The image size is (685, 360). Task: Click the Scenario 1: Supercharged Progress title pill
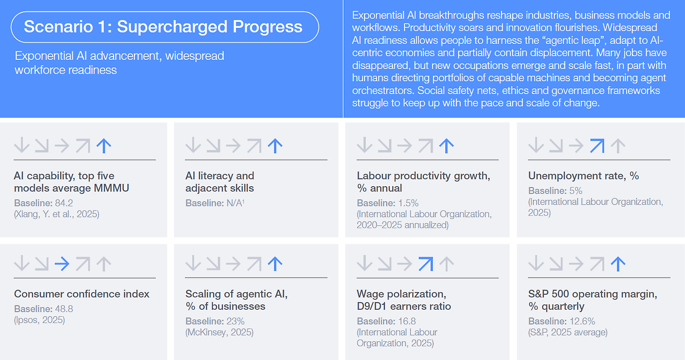tap(165, 27)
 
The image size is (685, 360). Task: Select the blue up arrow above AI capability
tap(104, 145)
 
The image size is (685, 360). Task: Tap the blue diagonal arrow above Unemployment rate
tap(597, 145)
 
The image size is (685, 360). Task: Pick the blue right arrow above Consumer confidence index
tap(62, 264)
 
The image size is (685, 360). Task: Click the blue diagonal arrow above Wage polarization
tap(425, 264)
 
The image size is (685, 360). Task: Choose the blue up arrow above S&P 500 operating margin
tap(618, 264)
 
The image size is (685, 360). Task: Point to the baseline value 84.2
tap(64, 203)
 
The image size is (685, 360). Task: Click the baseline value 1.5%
tap(408, 203)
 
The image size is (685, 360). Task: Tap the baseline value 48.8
tap(64, 309)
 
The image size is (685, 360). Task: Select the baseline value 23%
tap(235, 321)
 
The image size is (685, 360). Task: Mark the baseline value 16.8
tap(407, 321)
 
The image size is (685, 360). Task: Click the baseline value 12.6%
tap(582, 321)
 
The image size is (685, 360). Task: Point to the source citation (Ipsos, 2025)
tap(40, 320)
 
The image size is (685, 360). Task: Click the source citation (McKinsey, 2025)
tap(219, 332)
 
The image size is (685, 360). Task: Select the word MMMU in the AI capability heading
tap(111, 188)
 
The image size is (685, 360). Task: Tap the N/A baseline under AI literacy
tap(235, 203)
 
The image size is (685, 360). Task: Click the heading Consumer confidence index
tap(82, 294)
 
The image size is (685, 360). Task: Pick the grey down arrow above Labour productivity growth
tap(364, 145)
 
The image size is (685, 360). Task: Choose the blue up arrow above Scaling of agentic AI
tap(275, 264)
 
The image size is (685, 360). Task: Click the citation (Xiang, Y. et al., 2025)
tap(57, 214)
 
